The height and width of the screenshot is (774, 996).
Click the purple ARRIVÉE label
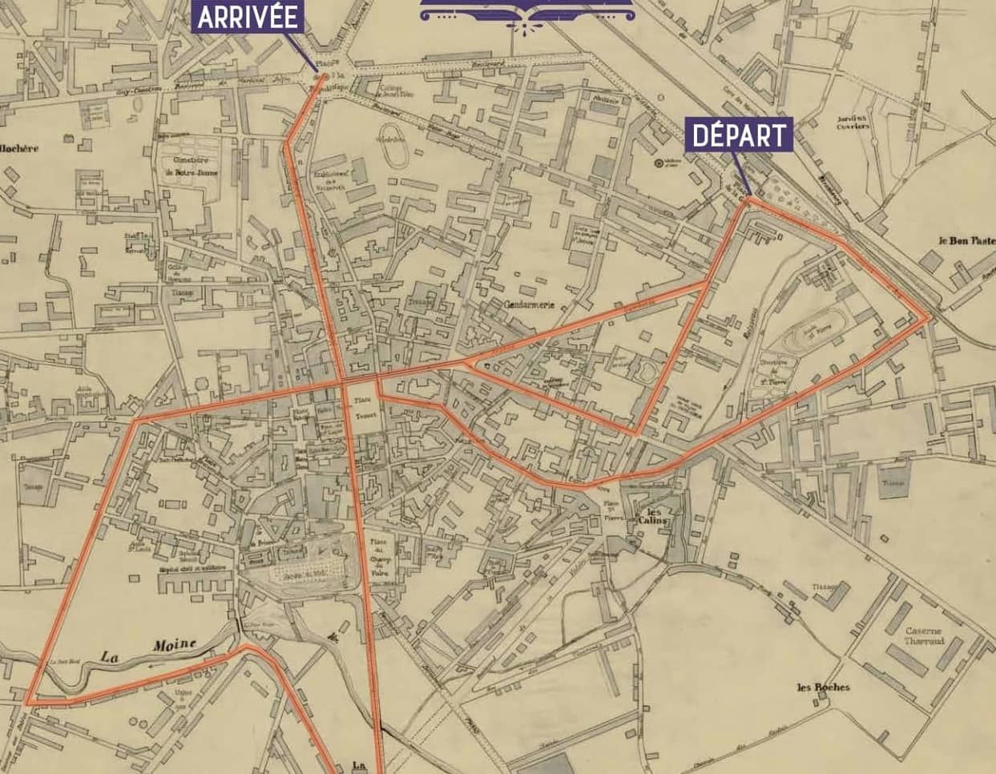pyautogui.click(x=247, y=17)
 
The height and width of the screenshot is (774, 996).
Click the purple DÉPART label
pyautogui.click(x=739, y=135)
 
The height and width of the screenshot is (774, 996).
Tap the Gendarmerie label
pyautogui.click(x=530, y=305)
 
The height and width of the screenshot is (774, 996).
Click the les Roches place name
pyautogui.click(x=823, y=687)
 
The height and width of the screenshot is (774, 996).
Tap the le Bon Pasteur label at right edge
pyautogui.click(x=966, y=240)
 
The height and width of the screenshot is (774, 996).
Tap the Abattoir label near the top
pyautogui.click(x=606, y=100)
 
